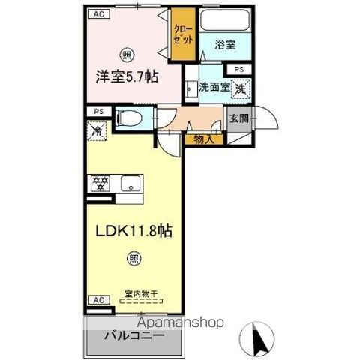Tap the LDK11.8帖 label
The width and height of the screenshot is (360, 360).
click(133, 232)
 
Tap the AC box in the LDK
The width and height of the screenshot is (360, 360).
click(97, 300)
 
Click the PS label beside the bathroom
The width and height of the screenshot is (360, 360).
click(238, 70)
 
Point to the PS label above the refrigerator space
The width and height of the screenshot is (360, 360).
click(98, 112)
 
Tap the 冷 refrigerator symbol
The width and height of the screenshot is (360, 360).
click(98, 130)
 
